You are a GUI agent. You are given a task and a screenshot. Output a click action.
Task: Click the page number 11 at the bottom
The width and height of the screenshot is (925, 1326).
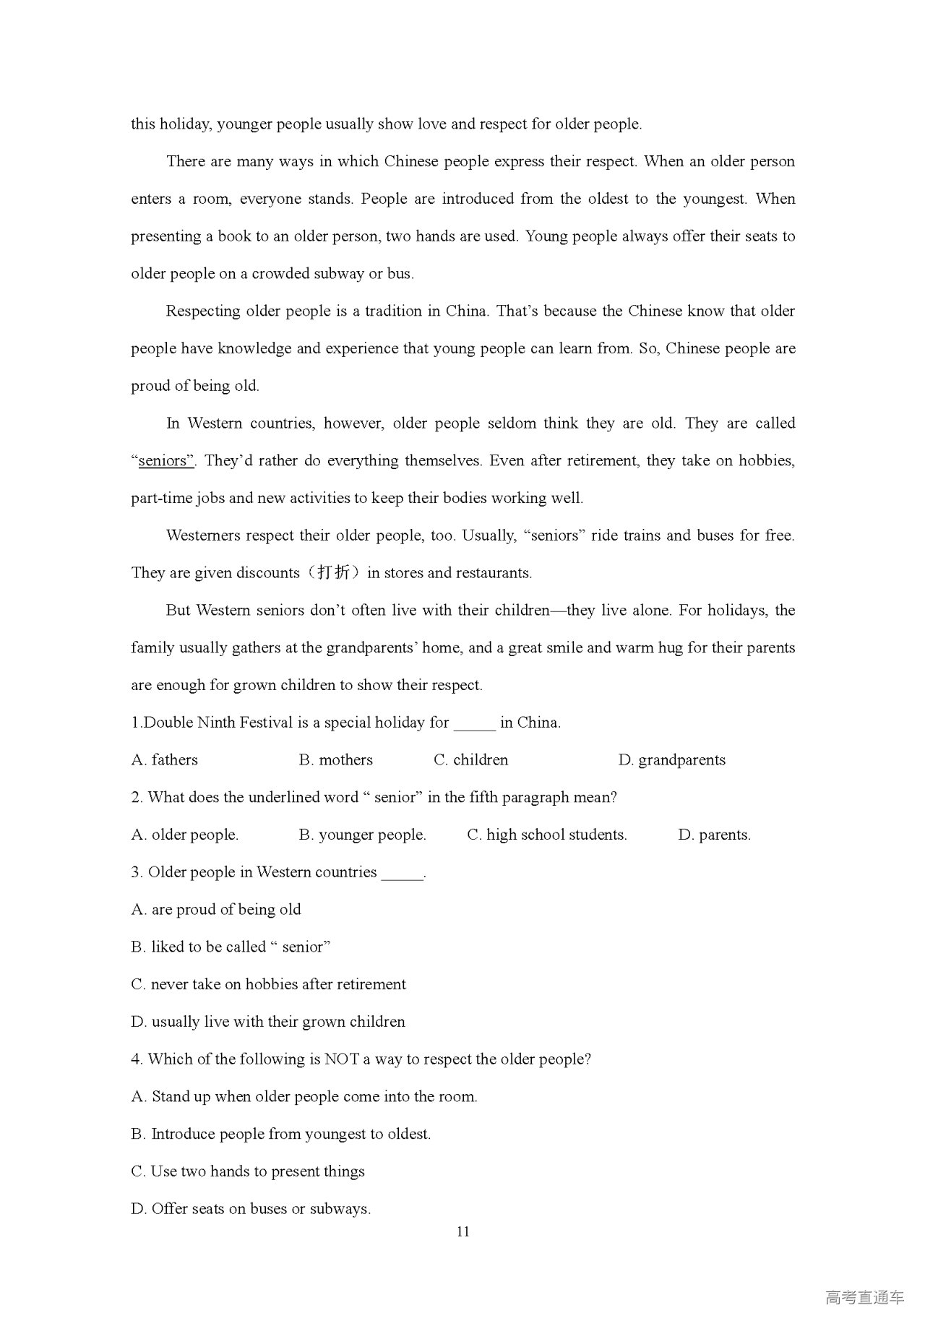(x=463, y=1232)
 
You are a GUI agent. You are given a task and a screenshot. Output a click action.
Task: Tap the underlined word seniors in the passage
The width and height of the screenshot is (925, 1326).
(x=165, y=461)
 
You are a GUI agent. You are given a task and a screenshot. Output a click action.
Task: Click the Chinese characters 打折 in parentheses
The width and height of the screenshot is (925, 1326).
(x=333, y=573)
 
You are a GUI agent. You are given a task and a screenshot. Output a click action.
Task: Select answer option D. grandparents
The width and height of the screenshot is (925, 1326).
(x=671, y=760)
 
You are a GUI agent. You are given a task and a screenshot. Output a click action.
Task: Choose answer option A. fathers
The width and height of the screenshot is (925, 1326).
(x=165, y=760)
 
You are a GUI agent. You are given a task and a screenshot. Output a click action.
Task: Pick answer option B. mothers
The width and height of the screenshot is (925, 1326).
(x=335, y=760)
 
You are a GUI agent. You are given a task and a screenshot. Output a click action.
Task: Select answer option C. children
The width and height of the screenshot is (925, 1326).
(x=470, y=760)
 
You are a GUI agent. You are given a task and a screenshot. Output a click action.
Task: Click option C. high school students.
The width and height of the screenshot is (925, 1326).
(x=546, y=835)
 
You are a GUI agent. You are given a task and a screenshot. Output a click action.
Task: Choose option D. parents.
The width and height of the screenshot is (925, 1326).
(x=714, y=835)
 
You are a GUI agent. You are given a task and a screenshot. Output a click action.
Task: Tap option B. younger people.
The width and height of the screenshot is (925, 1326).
(x=362, y=835)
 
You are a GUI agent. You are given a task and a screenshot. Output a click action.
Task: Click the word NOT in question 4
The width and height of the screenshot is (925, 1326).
(x=342, y=1059)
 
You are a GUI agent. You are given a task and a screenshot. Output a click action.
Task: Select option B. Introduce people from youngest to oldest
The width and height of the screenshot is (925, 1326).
(x=280, y=1135)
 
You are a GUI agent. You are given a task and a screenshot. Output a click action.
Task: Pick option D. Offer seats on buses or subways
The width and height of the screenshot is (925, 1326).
(x=251, y=1209)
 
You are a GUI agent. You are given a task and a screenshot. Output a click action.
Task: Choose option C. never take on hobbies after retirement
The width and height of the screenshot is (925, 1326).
(x=268, y=985)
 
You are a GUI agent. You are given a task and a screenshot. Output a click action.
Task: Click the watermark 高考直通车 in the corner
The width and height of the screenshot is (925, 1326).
(x=864, y=1298)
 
